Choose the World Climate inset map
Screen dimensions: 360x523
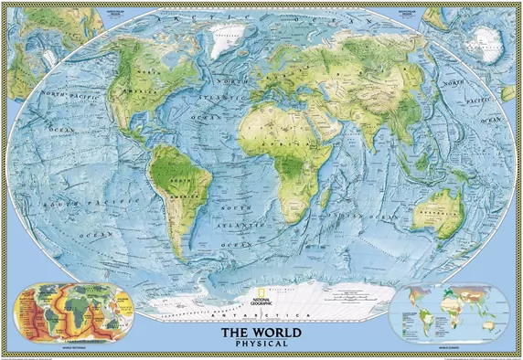[448, 312]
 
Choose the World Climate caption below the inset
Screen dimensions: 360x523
[448, 348]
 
